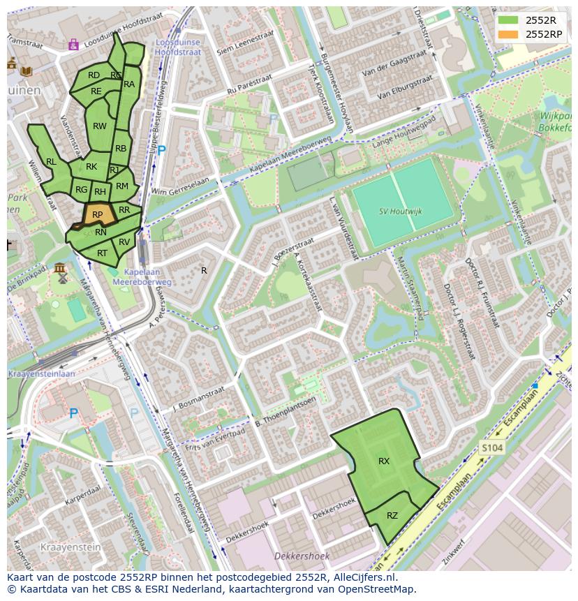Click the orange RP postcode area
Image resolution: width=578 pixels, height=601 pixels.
[x=98, y=215]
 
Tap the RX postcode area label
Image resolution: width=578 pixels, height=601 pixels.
[x=384, y=461]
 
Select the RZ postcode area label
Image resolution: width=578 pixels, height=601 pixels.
[x=392, y=516]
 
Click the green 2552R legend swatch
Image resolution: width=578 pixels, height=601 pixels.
[x=509, y=20]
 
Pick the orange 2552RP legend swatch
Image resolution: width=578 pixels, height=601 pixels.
[x=509, y=34]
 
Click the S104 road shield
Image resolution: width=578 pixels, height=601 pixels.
[x=491, y=447]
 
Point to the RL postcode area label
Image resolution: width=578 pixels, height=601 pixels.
[x=51, y=162]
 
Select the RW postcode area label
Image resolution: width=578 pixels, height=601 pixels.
[x=100, y=126]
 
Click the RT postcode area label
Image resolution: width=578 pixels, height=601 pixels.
[x=103, y=253]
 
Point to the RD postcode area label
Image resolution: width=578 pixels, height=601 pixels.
[x=94, y=75]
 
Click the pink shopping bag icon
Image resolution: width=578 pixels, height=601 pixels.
[x=73, y=45]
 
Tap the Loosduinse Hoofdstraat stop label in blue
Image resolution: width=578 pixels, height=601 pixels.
[x=177, y=47]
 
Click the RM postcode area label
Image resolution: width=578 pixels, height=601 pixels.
[x=122, y=186]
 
